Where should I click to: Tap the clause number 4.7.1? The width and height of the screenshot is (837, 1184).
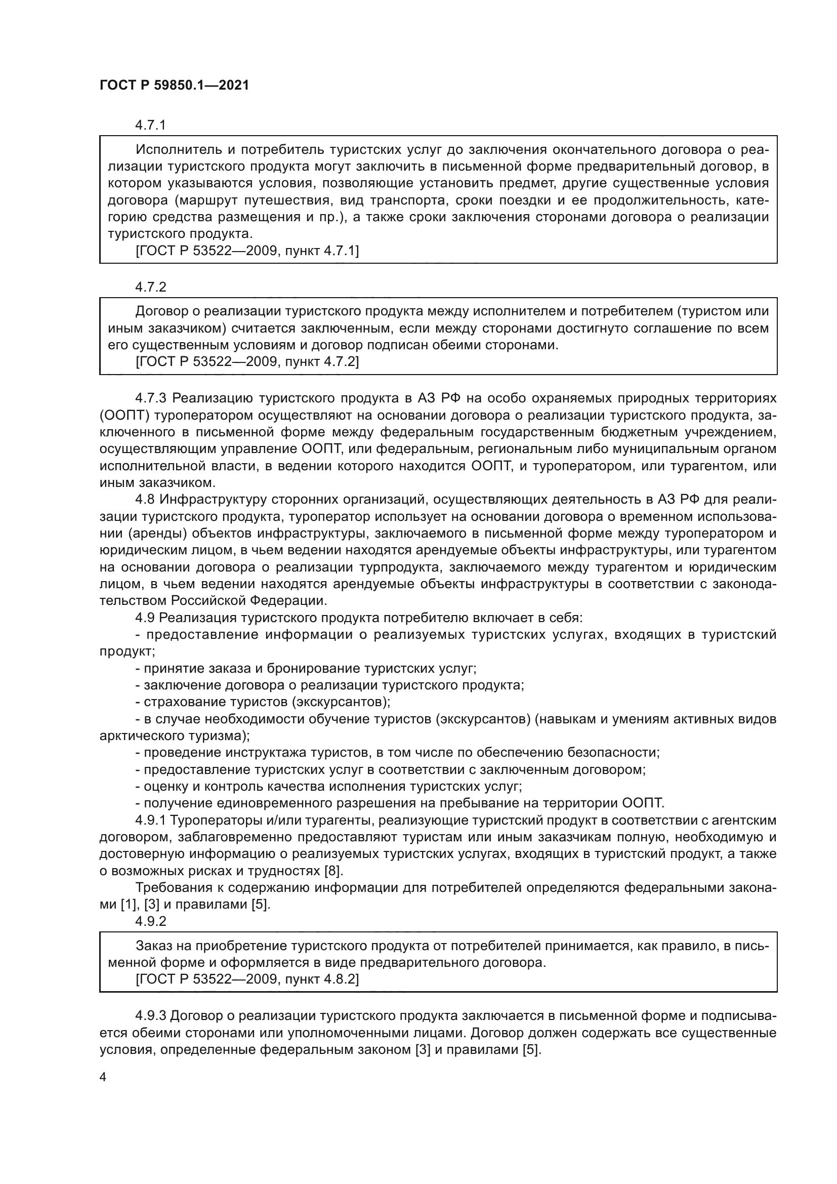[x=150, y=126]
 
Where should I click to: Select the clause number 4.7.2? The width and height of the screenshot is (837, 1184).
[x=150, y=287]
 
